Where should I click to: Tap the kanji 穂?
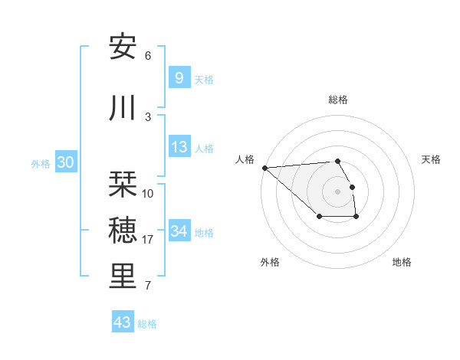click(123, 230)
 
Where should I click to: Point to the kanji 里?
click(123, 277)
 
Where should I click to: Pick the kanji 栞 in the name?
click(123, 184)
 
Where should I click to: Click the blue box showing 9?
click(179, 77)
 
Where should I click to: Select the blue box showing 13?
click(179, 146)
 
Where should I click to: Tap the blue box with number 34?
click(179, 231)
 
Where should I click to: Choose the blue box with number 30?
click(65, 162)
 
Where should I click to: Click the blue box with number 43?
click(122, 322)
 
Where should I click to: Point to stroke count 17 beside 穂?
click(148, 240)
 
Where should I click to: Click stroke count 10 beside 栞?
click(148, 193)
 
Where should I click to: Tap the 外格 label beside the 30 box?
click(41, 163)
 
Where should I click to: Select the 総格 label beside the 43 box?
click(147, 323)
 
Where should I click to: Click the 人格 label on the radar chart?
click(245, 159)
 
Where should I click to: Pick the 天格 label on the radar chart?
click(432, 159)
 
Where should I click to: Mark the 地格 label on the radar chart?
click(402, 262)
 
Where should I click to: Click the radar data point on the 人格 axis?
click(264, 168)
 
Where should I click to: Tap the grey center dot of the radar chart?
click(337, 191)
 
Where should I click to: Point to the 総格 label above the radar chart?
click(338, 100)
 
